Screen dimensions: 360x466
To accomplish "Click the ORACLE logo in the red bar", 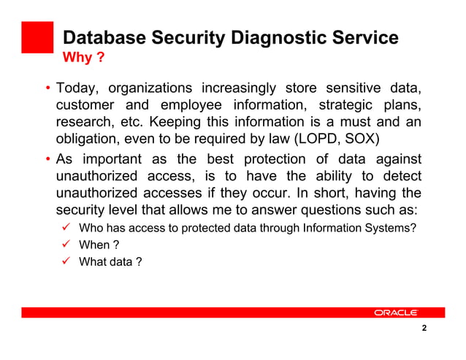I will click(x=395, y=313).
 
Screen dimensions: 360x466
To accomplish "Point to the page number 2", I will click(x=424, y=329).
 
